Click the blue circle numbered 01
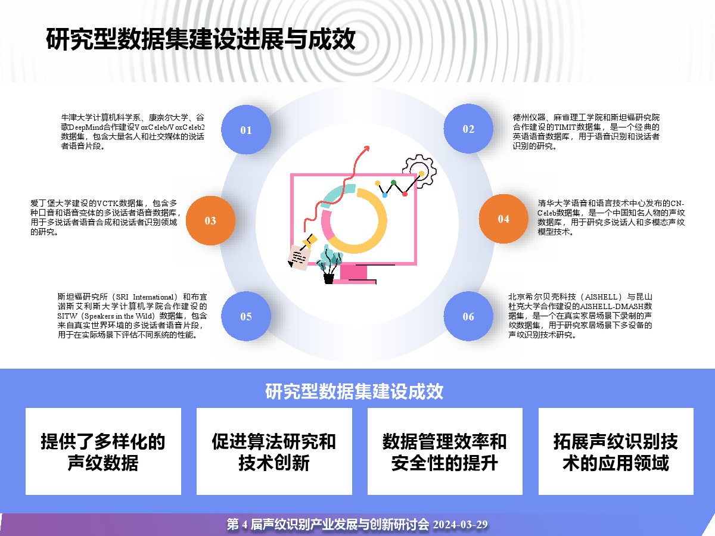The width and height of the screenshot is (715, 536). (246, 129)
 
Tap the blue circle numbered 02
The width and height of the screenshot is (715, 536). (468, 129)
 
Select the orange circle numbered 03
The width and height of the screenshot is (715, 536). (210, 220)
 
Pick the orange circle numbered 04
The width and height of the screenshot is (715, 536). (503, 219)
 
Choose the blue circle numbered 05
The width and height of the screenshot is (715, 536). (246, 316)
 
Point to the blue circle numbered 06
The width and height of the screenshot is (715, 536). (468, 316)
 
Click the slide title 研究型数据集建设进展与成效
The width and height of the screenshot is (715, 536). (200, 39)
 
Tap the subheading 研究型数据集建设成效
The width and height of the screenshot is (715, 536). (354, 391)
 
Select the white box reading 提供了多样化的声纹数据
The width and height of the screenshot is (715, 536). (103, 451)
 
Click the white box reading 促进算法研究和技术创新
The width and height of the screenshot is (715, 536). (274, 451)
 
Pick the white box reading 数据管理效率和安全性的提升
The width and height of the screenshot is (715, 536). (445, 451)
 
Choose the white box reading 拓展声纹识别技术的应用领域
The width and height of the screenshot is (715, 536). (615, 451)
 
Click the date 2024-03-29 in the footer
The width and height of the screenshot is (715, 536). (460, 525)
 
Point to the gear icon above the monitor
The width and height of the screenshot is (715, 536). (419, 172)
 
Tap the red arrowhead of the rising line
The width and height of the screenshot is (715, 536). (366, 148)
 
